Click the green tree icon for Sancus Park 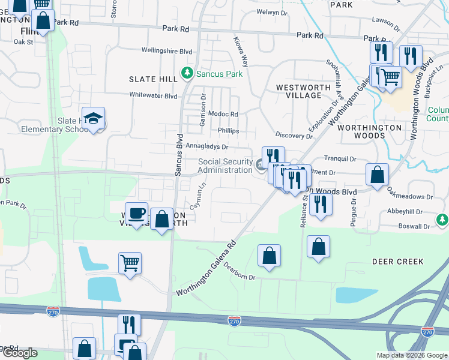(188, 73)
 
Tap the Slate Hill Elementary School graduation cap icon (93, 119)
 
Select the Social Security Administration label (225, 166)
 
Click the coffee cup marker (137, 214)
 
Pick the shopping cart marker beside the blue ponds (130, 263)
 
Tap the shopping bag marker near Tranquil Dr (377, 176)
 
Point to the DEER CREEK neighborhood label (397, 262)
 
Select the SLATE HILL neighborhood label (152, 79)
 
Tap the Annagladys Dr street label (207, 146)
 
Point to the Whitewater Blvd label (154, 95)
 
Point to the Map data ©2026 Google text (412, 355)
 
